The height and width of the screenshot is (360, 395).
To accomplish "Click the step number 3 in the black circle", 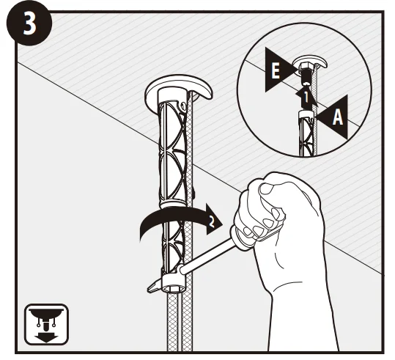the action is click(x=30, y=23).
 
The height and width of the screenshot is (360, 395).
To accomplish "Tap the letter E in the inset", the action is click(x=276, y=70).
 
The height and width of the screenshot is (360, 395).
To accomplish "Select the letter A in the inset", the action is click(x=337, y=117).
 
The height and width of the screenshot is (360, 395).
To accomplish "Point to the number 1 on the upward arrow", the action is click(x=306, y=98).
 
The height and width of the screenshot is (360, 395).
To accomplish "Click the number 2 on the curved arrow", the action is click(x=212, y=221).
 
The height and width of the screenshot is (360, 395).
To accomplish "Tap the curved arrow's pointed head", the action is click(x=214, y=219).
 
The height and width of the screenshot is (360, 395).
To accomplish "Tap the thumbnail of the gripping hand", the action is click(x=266, y=188).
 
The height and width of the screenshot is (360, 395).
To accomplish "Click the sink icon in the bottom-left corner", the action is click(x=46, y=325).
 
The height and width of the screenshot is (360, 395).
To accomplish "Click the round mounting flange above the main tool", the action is click(x=178, y=88).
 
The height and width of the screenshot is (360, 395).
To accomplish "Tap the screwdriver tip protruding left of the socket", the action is click(x=154, y=287).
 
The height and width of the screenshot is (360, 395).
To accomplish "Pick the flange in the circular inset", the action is click(x=311, y=62).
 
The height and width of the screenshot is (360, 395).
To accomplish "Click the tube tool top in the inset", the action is click(x=306, y=114).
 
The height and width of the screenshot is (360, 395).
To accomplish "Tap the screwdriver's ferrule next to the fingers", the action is click(x=240, y=237).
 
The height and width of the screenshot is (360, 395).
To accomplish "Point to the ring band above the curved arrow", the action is click(x=173, y=204).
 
